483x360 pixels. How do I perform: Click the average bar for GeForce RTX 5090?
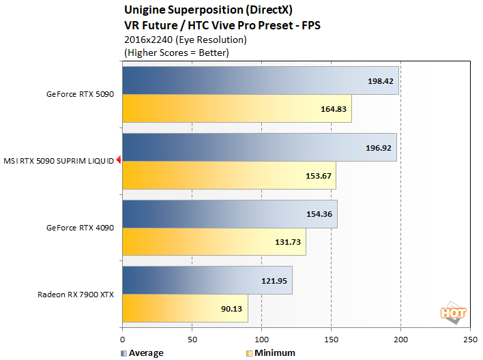[260, 80]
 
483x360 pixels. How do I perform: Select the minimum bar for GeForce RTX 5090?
[237, 108]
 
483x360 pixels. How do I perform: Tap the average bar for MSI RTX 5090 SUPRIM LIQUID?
[259, 147]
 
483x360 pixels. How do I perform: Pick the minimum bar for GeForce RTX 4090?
[214, 242]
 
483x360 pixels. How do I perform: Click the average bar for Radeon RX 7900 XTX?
[207, 280]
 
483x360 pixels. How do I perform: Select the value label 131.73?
[288, 242]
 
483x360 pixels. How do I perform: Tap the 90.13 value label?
[231, 309]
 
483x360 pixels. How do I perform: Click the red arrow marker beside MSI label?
[118, 161]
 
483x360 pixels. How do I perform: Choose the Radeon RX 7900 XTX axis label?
[76, 295]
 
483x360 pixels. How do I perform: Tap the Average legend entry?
[142, 353]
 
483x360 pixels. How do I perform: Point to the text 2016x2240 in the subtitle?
[146, 40]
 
